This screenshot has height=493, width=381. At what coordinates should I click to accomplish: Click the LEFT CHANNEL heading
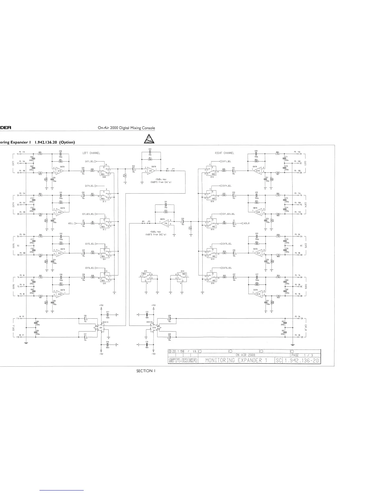coord(91,153)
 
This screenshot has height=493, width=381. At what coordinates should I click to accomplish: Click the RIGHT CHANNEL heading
coord(224,153)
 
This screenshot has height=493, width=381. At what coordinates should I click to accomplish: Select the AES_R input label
coord(247,223)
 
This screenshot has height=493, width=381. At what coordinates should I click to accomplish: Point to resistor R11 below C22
coord(150,159)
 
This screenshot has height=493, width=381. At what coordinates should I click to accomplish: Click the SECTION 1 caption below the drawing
coord(146,371)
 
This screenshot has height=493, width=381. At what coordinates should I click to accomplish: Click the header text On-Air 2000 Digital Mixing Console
coord(126,128)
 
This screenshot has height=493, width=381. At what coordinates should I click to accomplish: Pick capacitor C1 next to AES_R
coord(234,223)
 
